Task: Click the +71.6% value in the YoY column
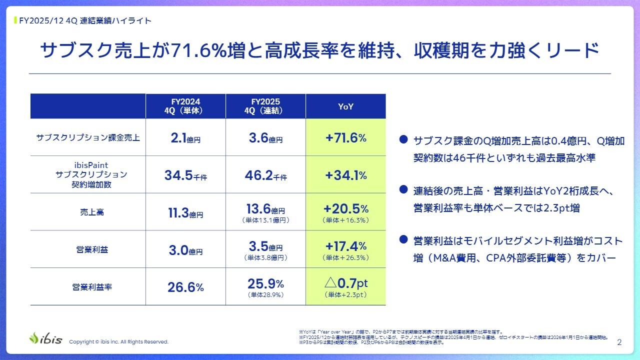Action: coord(345,138)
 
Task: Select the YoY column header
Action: coord(345,106)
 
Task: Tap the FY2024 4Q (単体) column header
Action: coord(185,106)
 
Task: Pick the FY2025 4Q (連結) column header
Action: coord(265,106)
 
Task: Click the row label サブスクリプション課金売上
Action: coord(88,138)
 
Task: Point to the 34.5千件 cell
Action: coord(185,175)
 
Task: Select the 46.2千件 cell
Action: coord(265,175)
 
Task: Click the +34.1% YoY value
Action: coord(345,175)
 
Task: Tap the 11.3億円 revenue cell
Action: coord(185,213)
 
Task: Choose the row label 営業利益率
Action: coord(88,287)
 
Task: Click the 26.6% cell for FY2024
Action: coord(185,287)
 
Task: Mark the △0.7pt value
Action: coord(345,283)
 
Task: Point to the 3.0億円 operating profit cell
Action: coord(185,250)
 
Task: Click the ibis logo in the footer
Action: coord(45,338)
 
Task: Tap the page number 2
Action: coord(619,342)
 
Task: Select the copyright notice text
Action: coord(118,342)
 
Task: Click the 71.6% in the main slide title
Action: coord(193,51)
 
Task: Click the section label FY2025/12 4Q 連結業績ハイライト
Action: coord(84,20)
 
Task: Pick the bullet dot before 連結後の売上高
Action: coord(403,190)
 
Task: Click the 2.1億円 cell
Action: coord(185,138)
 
